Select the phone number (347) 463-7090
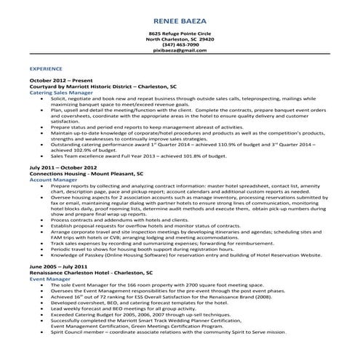click(x=180, y=45)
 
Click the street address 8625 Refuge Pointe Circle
click(x=180, y=33)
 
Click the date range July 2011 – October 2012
click(x=63, y=167)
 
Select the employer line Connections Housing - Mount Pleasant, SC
click(x=86, y=172)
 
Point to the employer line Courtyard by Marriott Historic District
click(x=103, y=86)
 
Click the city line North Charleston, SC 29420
click(x=180, y=39)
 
